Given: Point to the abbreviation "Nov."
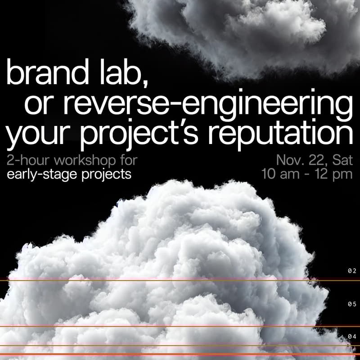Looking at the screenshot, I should click(x=289, y=160).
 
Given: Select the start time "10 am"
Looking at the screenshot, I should click(x=282, y=174).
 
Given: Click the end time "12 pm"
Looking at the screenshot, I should click(x=333, y=174).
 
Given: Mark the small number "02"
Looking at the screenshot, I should click(x=352, y=271).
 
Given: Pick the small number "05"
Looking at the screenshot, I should click(x=352, y=304).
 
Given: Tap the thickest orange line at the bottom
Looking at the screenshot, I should click(x=180, y=355).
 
